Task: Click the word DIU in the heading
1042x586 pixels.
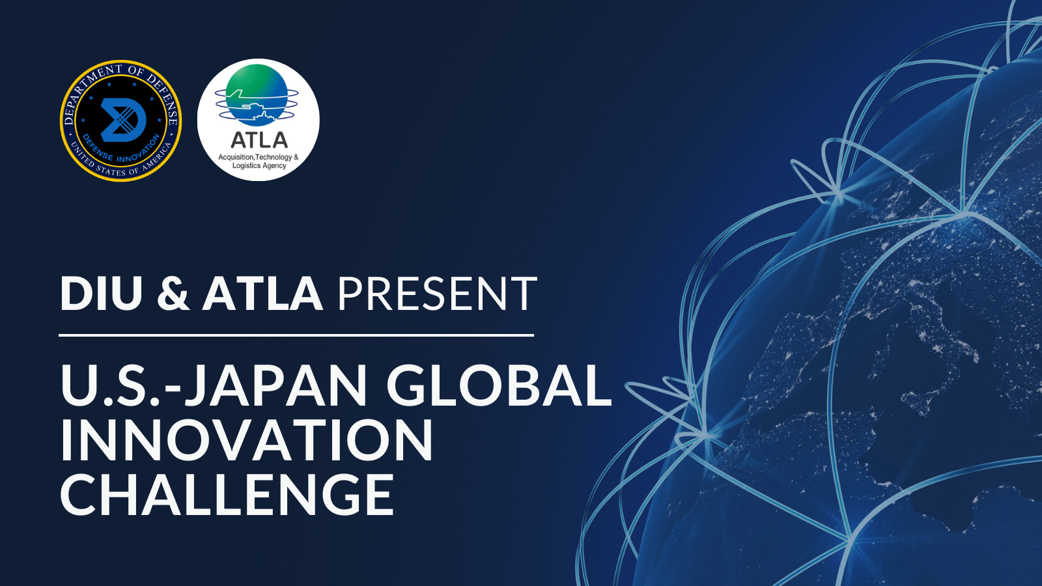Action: tap(101, 294)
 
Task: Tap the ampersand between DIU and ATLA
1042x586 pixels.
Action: tap(173, 294)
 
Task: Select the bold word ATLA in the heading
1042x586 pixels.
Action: tap(262, 294)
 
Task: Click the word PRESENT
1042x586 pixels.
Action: tap(436, 294)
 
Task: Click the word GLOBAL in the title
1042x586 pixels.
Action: tap(499, 385)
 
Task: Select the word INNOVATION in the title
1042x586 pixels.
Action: tap(246, 441)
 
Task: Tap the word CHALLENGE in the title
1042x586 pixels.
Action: tap(227, 495)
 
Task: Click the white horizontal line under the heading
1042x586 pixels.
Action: tap(296, 335)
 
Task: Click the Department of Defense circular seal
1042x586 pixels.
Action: tap(120, 120)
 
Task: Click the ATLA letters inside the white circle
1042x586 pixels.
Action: tap(259, 140)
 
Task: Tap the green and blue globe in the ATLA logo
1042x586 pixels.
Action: tap(257, 94)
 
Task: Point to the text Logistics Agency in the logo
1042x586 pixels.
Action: tap(259, 166)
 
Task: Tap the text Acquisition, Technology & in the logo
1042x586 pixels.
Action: tap(258, 157)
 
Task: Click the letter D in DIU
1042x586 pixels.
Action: tap(75, 294)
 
